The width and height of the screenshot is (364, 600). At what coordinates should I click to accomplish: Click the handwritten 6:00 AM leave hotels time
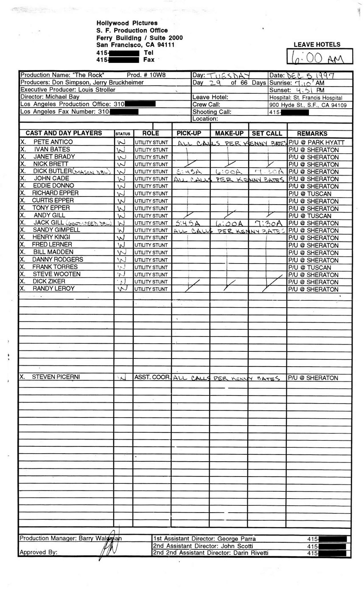pyautogui.click(x=320, y=57)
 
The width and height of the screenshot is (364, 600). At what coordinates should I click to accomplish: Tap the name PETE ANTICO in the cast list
pyautogui.click(x=53, y=142)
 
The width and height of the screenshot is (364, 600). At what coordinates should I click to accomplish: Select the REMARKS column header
pyautogui.click(x=312, y=133)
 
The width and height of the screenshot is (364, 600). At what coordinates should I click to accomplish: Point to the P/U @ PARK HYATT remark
pyautogui.click(x=316, y=143)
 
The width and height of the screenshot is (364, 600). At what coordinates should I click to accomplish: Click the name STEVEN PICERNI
pyautogui.click(x=56, y=377)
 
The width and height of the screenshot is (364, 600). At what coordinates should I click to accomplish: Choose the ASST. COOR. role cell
pyautogui.click(x=153, y=377)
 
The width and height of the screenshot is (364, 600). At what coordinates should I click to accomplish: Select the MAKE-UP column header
pyautogui.click(x=229, y=133)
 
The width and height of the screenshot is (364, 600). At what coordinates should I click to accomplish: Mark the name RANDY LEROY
pyautogui.click(x=53, y=289)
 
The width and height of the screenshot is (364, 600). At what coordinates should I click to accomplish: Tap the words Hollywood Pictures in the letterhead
pyautogui.click(x=127, y=23)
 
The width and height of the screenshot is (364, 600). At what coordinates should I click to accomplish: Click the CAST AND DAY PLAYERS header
pyautogui.click(x=64, y=133)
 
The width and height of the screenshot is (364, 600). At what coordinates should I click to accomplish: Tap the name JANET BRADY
pyautogui.click(x=54, y=157)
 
